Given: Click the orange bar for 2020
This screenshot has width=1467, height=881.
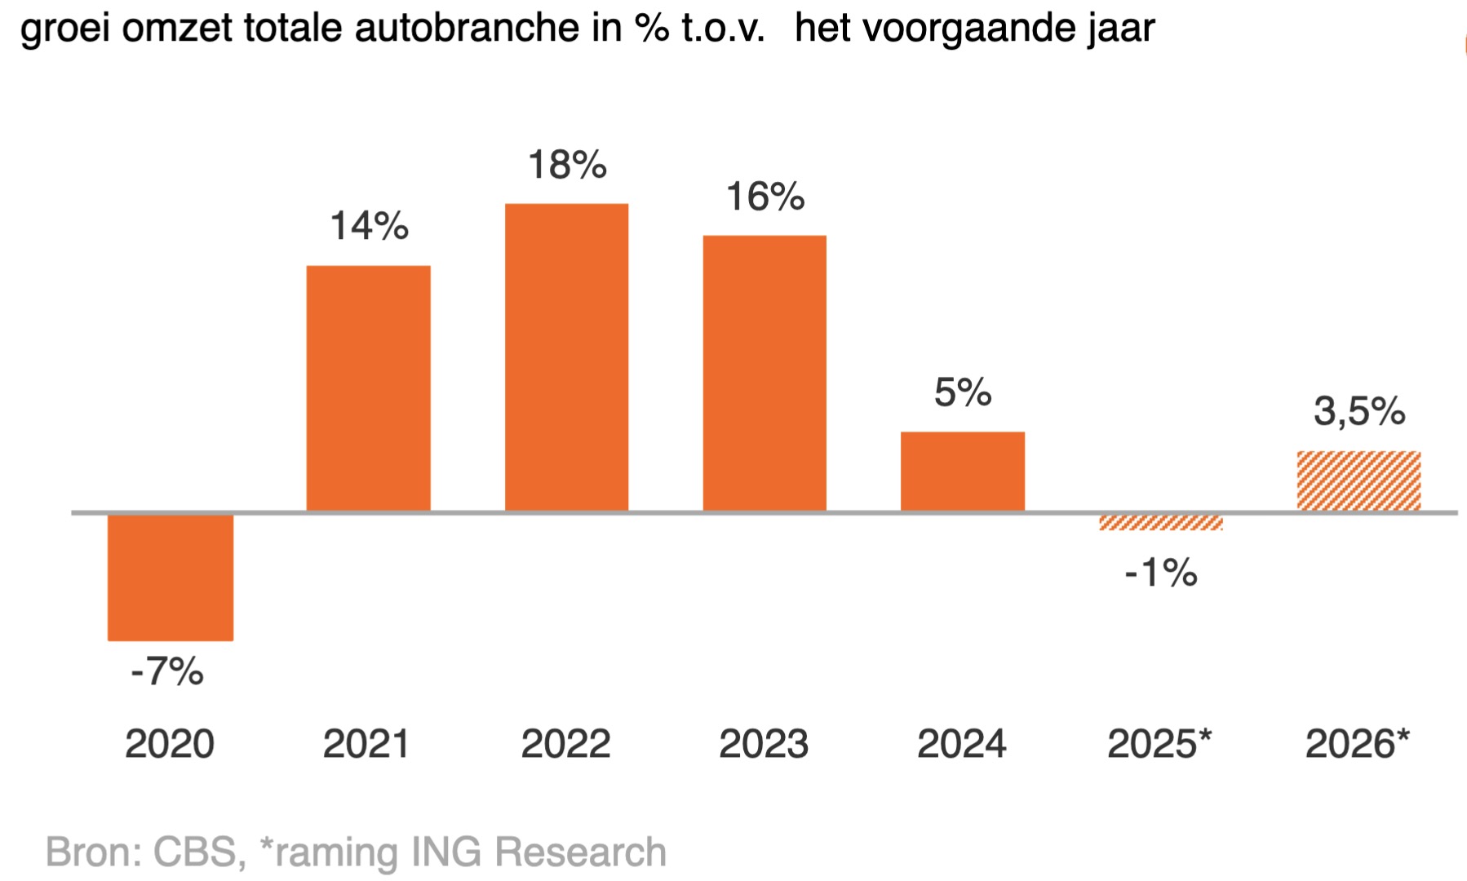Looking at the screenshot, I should (x=171, y=577).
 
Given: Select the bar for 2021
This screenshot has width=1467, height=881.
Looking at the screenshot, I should (x=368, y=388).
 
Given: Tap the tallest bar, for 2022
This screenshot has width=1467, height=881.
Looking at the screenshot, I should (x=566, y=357).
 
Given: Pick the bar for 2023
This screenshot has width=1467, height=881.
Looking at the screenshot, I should (x=765, y=373).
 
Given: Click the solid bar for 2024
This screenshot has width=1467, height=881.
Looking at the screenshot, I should (x=963, y=471).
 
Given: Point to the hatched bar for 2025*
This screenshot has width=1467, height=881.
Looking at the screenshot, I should (x=1160, y=523).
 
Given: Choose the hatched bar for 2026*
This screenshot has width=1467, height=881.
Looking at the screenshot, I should (x=1358, y=481).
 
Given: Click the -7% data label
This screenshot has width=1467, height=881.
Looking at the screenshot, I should (x=167, y=672).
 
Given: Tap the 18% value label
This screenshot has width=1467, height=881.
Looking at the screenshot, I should (x=567, y=165).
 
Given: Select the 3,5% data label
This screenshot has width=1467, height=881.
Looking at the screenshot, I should (x=1359, y=411).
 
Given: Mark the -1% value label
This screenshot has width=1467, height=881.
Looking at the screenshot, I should (x=1160, y=573).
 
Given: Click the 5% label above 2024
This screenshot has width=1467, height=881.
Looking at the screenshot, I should (x=963, y=393).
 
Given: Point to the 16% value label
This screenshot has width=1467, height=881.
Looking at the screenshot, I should (x=765, y=197).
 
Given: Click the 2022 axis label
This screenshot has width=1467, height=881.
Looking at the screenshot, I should (x=565, y=744).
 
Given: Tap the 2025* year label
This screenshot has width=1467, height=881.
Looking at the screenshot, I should (x=1159, y=744).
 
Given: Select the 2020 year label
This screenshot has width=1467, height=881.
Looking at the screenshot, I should (x=170, y=744).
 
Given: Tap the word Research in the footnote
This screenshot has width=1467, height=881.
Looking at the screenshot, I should (x=580, y=852).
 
